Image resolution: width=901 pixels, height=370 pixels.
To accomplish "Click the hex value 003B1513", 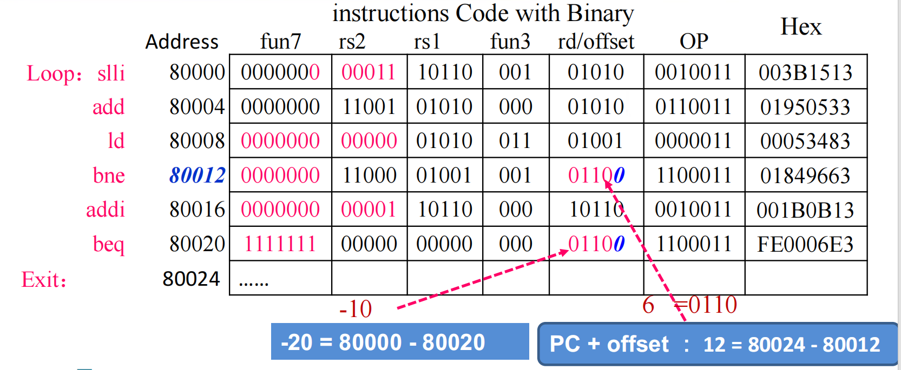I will pos(805,72).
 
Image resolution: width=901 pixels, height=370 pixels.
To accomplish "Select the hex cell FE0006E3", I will pos(805,244).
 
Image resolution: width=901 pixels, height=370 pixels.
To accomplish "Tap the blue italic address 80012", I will pos(197,175).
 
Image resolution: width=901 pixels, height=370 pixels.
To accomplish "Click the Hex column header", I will pos(801,27).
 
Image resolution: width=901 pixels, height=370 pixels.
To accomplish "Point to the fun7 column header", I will pos(280,42).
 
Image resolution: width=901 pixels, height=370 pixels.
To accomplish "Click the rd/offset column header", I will pos(596,42).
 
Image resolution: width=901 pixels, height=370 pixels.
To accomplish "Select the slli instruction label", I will pos(111,73).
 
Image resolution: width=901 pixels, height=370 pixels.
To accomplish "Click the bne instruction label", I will pos(109,176).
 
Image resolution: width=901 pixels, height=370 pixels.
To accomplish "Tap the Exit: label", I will pos(44,280).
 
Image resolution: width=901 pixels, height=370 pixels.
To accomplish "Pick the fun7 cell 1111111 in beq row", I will pos(280,244).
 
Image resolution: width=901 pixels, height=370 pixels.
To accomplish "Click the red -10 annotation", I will pos(356,309).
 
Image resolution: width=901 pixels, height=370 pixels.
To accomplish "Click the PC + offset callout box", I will pos(716,344).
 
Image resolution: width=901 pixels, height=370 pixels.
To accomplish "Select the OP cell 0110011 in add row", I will pos(693,107).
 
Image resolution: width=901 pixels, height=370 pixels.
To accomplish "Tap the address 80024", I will pos(191,279).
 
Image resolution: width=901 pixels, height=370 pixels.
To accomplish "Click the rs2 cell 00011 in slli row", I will pos(369,72).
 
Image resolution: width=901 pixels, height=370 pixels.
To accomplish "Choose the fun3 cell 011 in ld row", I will pos(515,141).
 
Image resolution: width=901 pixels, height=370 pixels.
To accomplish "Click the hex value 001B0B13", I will pos(805,210).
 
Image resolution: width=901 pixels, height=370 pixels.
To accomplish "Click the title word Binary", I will pos(600,13).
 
